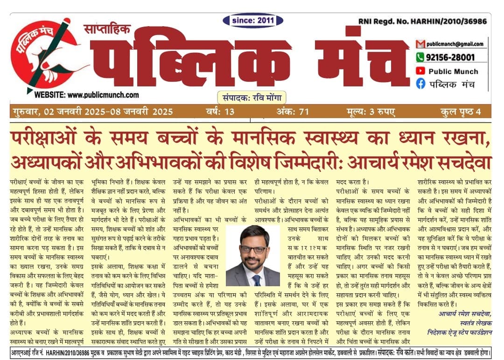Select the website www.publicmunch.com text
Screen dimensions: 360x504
click(x=86, y=95)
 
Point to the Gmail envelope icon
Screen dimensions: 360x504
click(x=420, y=44)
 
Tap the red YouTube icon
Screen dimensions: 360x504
click(x=420, y=71)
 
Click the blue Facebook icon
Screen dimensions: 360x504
click(x=420, y=84)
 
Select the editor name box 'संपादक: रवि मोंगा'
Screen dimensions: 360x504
click(x=252, y=98)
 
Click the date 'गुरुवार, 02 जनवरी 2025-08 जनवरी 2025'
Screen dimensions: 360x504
click(x=92, y=112)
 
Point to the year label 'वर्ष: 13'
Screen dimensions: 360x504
click(x=220, y=112)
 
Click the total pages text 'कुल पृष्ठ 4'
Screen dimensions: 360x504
click(x=460, y=112)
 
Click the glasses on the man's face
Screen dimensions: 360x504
click(x=254, y=249)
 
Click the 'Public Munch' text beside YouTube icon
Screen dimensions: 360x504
click(x=453, y=71)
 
